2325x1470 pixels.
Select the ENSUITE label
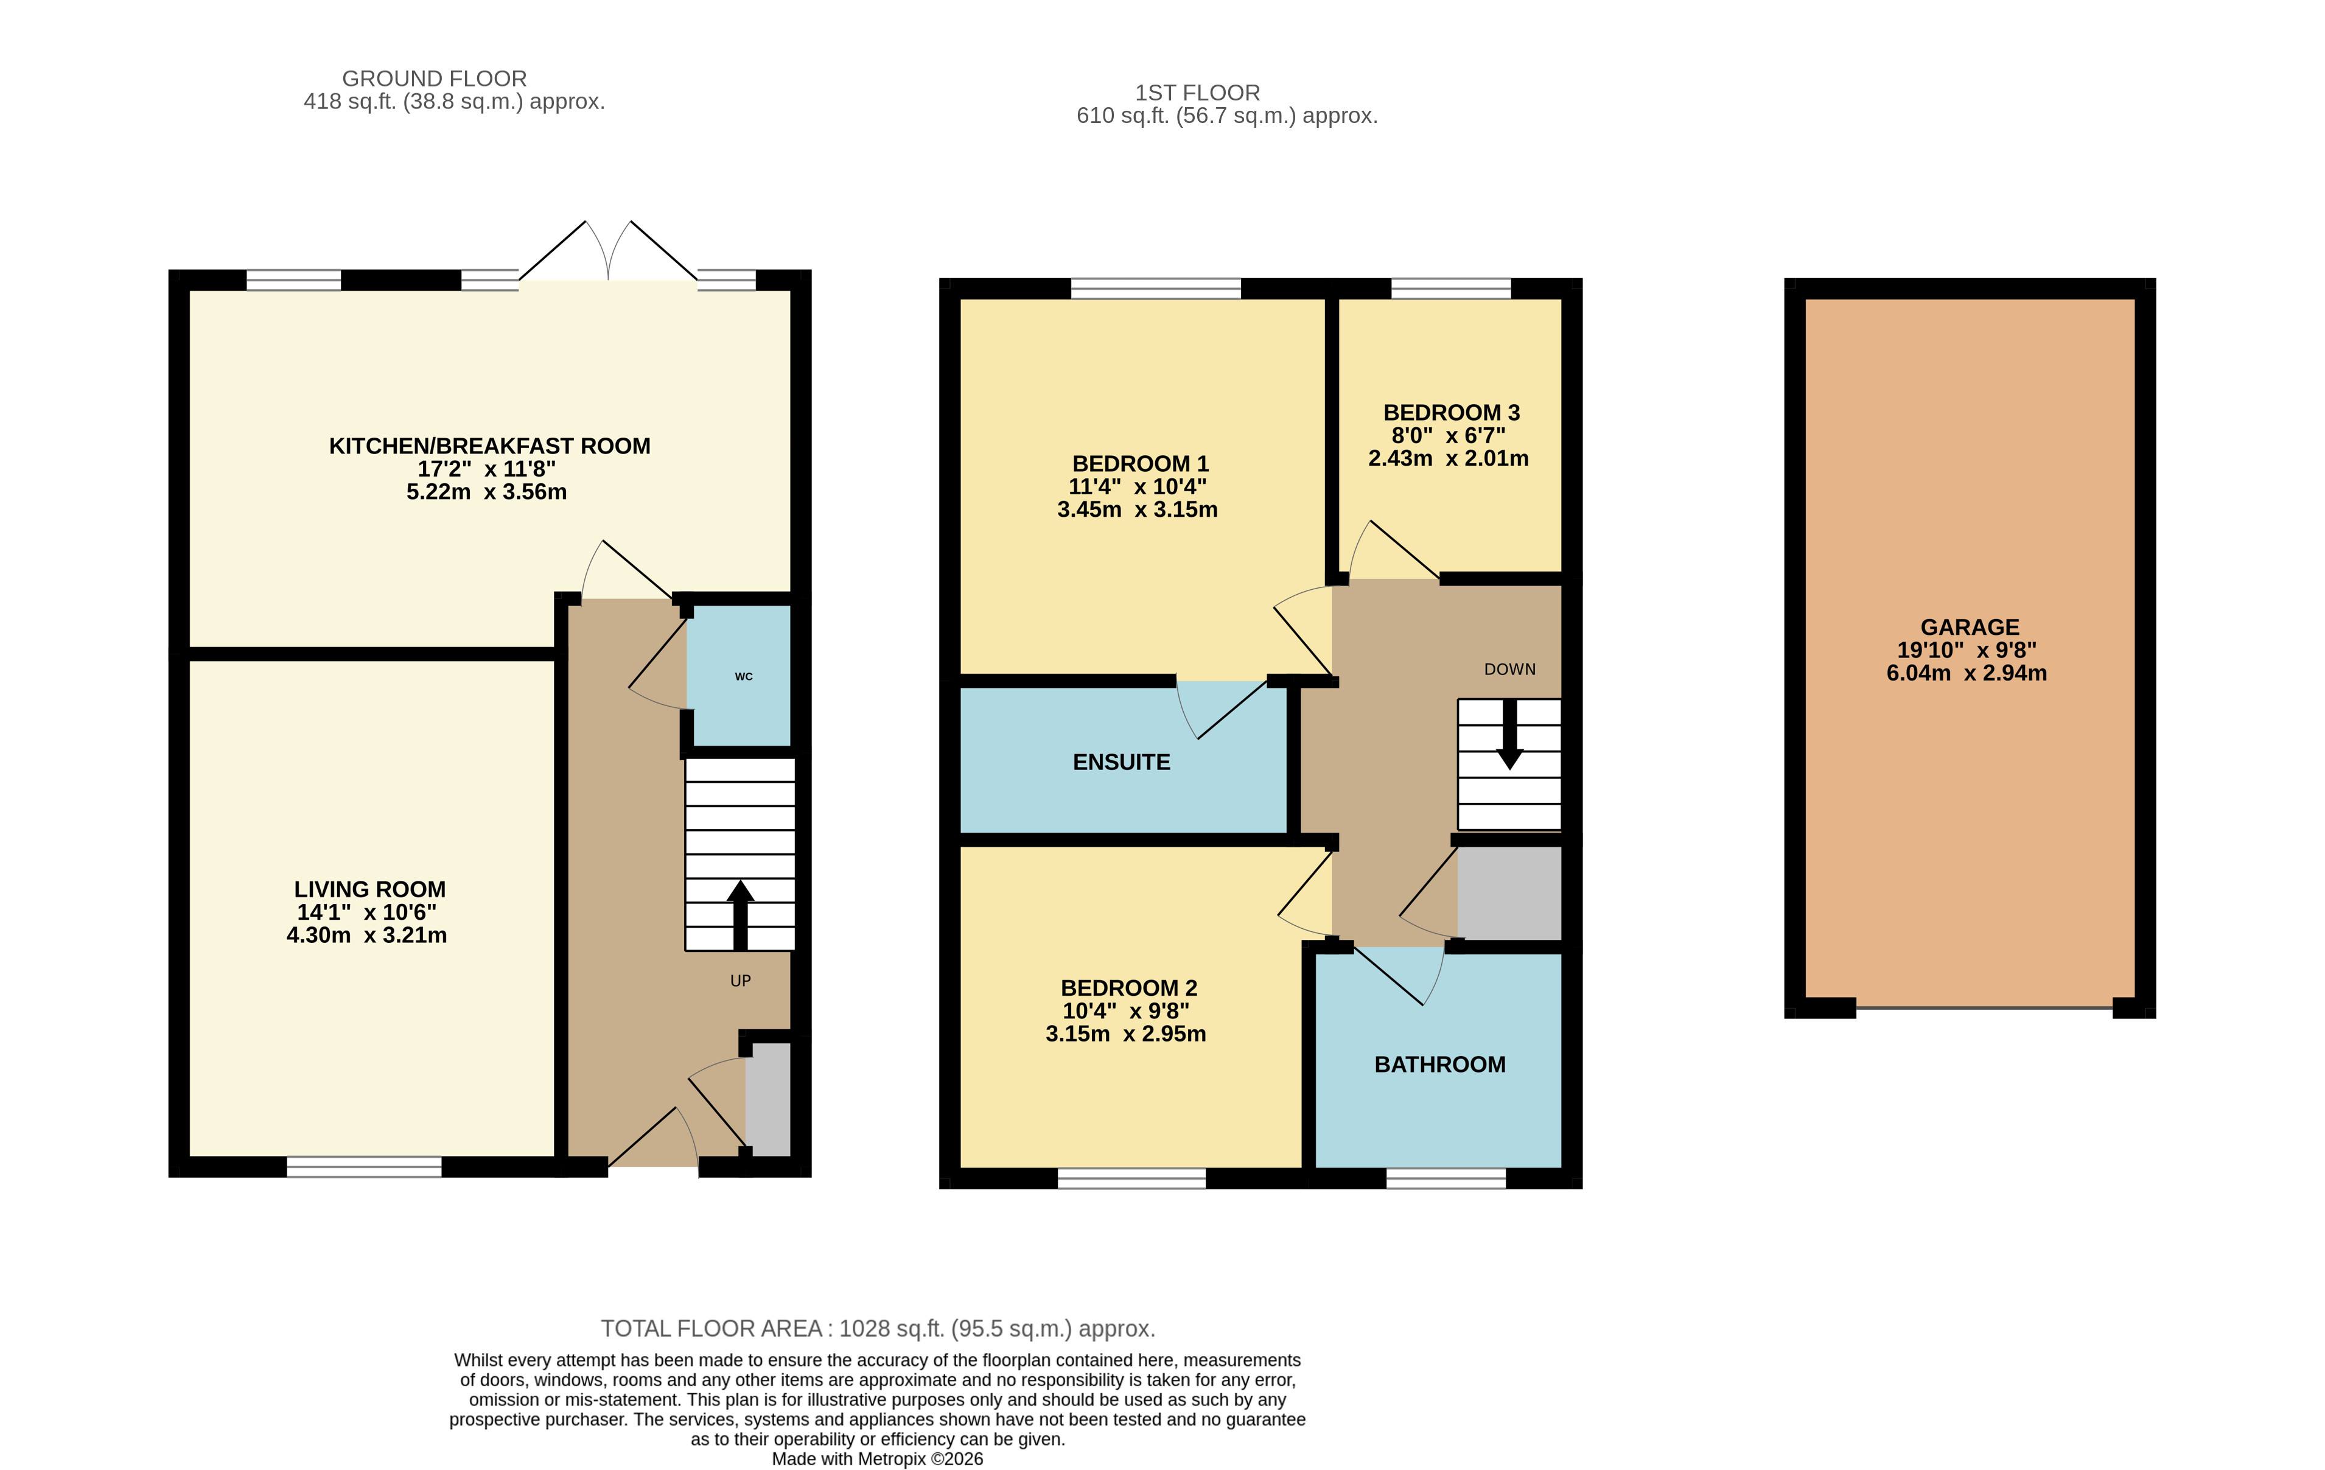pyautogui.click(x=1121, y=762)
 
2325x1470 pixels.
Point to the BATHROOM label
pyautogui.click(x=1439, y=1065)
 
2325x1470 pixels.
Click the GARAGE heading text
pyautogui.click(x=1969, y=627)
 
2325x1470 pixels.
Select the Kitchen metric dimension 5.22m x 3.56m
pyautogui.click(x=487, y=492)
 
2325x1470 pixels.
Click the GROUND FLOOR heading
pyautogui.click(x=435, y=79)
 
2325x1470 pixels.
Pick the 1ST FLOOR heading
pyautogui.click(x=1197, y=93)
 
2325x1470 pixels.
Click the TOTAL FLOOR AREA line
pyautogui.click(x=878, y=1328)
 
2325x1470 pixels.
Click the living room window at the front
pyautogui.click(x=364, y=1167)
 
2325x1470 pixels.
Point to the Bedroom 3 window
pyautogui.click(x=1450, y=288)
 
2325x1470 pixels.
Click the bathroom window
pyautogui.click(x=1446, y=1177)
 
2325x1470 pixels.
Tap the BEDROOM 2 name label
pyautogui.click(x=1128, y=988)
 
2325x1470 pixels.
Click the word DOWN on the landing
pyautogui.click(x=1509, y=670)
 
